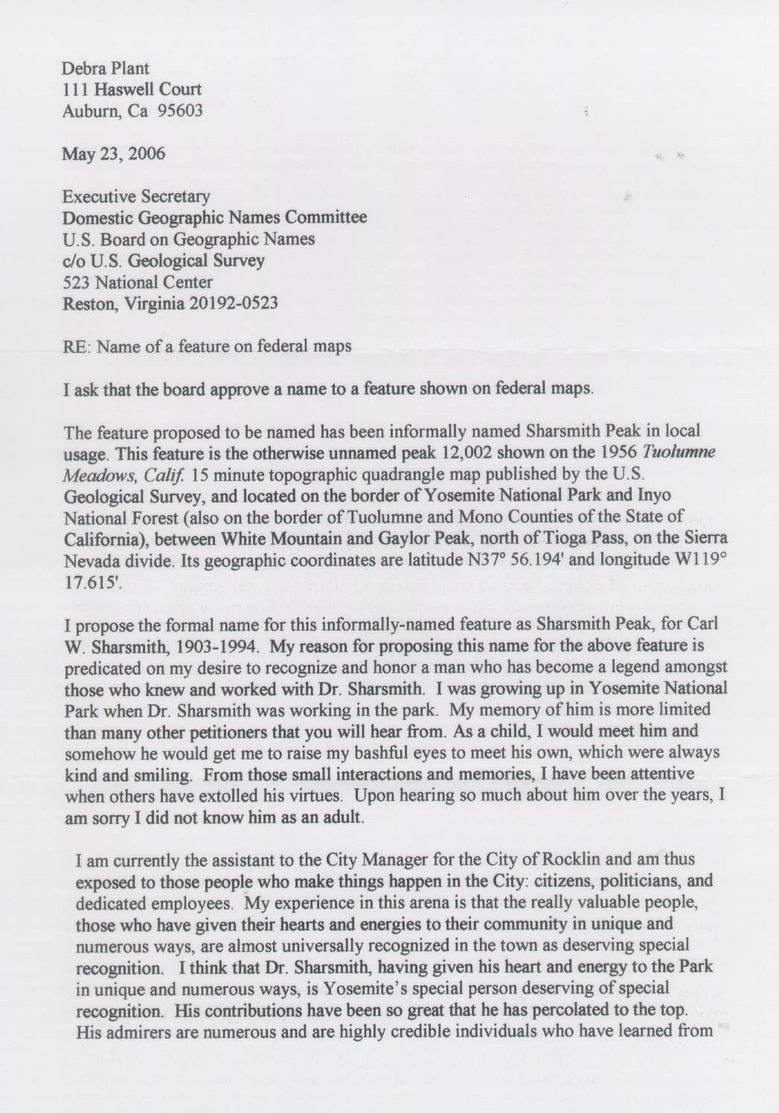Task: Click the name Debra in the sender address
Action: coord(84,68)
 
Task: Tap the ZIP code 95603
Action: coord(180,112)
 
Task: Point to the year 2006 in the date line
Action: coord(146,155)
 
